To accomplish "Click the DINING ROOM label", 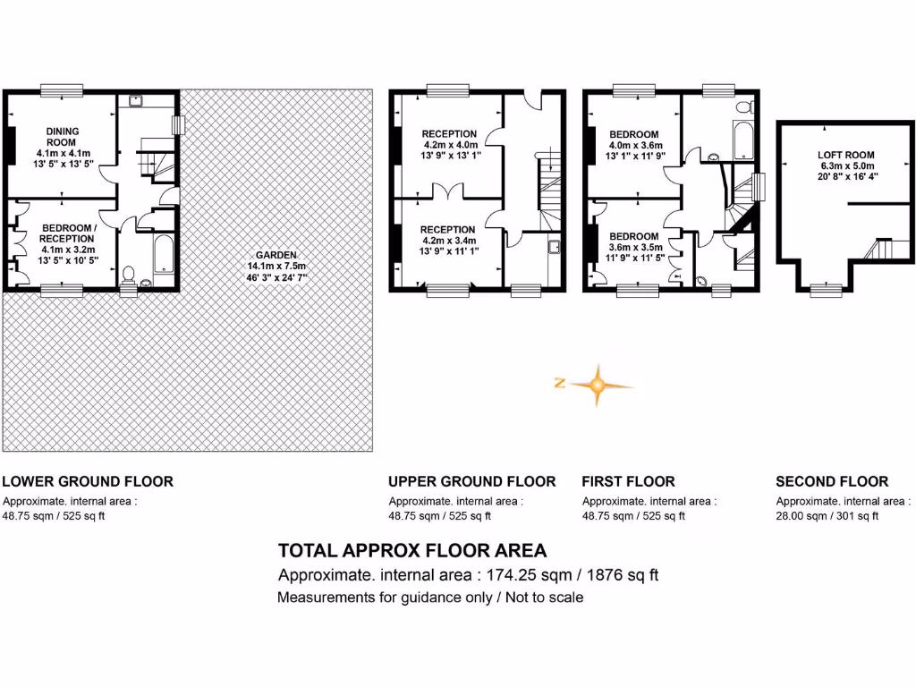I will [x=63, y=137].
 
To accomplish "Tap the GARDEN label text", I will [x=276, y=255].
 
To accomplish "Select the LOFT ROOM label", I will [x=845, y=155].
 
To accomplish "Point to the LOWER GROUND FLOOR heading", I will [x=88, y=481].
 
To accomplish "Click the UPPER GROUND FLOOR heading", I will [x=471, y=481].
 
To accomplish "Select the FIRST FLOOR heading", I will [x=628, y=481].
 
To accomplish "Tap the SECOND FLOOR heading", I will [x=832, y=481].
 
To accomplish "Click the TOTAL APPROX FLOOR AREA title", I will [x=412, y=550].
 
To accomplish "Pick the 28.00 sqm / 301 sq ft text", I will [x=827, y=516].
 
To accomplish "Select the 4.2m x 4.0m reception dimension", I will [x=451, y=143].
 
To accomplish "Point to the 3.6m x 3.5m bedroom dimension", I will [x=633, y=248].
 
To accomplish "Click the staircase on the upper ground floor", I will [x=549, y=192].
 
